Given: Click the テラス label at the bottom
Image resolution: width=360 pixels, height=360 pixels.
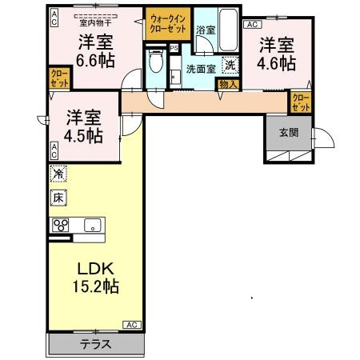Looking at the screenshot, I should click(95, 345).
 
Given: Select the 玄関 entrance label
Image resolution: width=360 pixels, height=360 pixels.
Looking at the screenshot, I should click(290, 133).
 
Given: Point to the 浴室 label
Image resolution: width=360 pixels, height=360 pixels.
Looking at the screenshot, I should click(205, 30).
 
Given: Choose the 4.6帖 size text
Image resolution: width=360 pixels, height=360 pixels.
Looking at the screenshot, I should click(275, 62).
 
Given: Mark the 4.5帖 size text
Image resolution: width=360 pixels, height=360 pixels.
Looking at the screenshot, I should click(83, 134).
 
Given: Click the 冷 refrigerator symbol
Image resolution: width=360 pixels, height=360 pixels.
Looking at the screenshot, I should click(59, 173).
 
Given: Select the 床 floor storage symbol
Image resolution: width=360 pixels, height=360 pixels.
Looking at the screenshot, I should click(58, 197).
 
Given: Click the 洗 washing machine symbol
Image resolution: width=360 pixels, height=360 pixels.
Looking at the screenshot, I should click(230, 66).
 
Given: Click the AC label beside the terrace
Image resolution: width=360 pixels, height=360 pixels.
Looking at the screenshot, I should click(132, 324).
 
